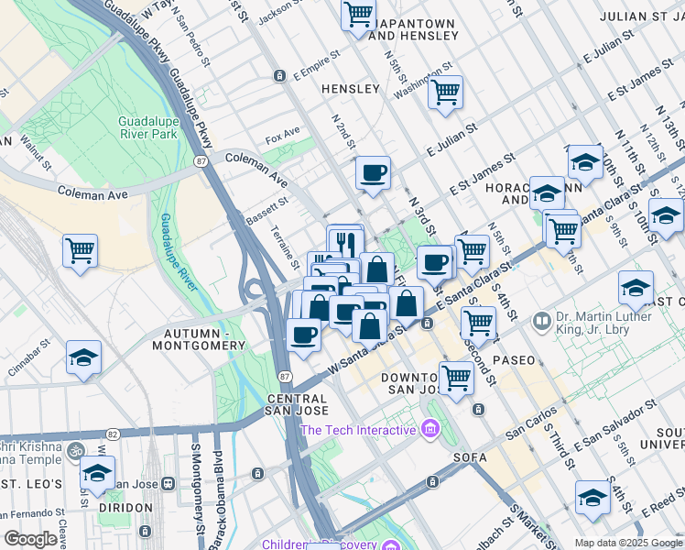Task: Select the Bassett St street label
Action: (x=267, y=210)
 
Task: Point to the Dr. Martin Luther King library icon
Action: (x=541, y=323)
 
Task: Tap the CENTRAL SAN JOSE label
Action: (x=297, y=406)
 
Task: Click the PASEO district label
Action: (x=514, y=360)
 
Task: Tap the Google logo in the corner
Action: (x=30, y=539)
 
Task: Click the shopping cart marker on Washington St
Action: (x=445, y=92)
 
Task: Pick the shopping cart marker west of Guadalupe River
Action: (x=80, y=249)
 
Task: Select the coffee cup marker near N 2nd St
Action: (x=373, y=172)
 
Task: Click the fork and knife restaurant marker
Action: (x=345, y=243)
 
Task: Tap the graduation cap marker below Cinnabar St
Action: (x=83, y=358)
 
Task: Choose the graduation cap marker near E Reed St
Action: (x=593, y=497)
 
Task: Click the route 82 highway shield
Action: (x=113, y=433)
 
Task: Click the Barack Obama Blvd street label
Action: (x=217, y=495)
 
